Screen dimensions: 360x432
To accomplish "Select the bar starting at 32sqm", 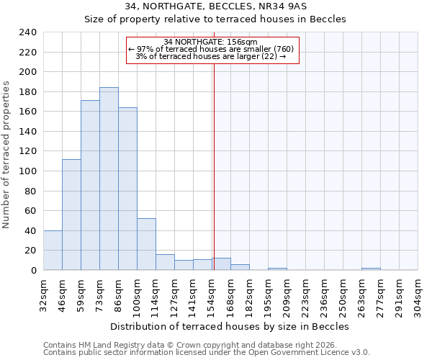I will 53,251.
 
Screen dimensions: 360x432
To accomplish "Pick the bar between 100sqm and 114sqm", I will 146,244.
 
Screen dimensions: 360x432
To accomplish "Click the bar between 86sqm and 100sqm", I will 127,189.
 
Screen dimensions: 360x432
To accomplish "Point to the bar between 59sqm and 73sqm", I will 90,185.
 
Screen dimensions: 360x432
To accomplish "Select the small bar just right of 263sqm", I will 371,269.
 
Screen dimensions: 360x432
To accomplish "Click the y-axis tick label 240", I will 28,32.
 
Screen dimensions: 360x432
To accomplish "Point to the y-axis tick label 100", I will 28,171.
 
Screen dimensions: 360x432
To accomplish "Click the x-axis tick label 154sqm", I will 212,294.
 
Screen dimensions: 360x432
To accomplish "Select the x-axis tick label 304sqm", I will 418,294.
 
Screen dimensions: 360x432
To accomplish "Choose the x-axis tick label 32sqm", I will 44,292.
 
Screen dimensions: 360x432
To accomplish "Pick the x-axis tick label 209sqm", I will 287,294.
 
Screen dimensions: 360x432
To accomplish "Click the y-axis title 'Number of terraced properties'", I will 6,155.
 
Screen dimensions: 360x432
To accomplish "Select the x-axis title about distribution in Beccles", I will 230,326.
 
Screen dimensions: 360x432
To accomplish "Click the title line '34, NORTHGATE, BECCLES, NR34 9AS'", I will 215,6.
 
